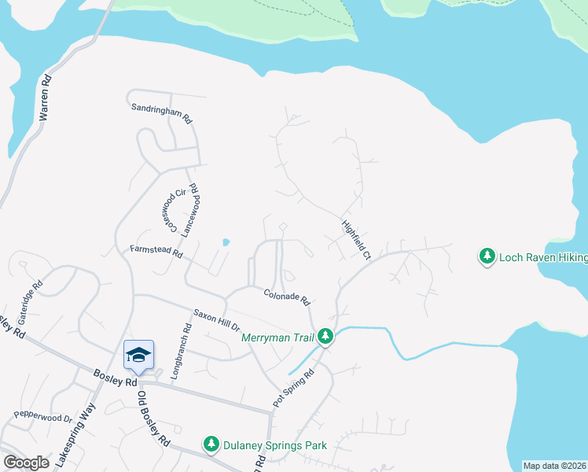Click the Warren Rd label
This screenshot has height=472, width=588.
coord(46,97)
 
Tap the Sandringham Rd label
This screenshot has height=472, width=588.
coord(162,113)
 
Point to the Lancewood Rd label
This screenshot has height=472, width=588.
coord(188,210)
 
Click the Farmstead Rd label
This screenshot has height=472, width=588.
coord(156,253)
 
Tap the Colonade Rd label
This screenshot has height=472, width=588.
coord(287,297)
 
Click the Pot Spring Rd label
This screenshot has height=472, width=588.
coord(294,387)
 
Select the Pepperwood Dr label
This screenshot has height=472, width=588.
coord(42,416)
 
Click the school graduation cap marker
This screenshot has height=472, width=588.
coord(138,354)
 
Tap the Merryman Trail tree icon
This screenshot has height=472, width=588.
coord(325,337)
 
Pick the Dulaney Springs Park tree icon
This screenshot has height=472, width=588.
coord(211,445)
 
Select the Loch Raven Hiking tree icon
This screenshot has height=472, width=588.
coord(487,256)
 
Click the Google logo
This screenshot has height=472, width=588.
coord(26,463)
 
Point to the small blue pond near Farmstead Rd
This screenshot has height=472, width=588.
coord(226,242)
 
